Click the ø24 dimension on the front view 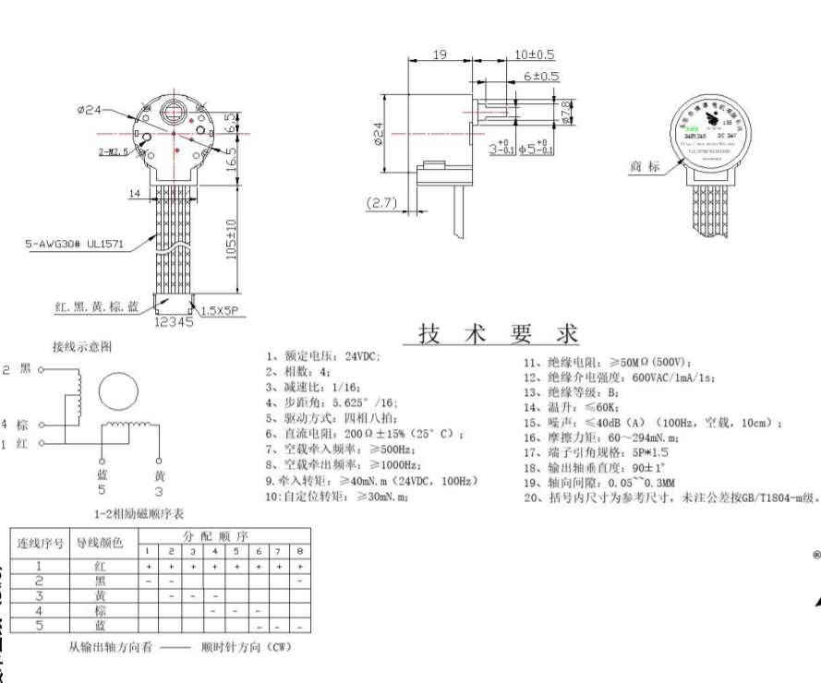click(x=90, y=110)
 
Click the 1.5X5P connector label click(x=220, y=309)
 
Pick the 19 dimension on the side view click(x=440, y=56)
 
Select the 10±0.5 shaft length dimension click(x=534, y=55)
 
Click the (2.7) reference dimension click(x=381, y=203)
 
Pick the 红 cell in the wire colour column click(x=100, y=566)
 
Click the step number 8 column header click(x=301, y=551)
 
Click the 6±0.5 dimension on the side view click(x=542, y=76)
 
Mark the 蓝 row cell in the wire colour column click(x=100, y=625)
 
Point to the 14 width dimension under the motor click(x=135, y=193)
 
